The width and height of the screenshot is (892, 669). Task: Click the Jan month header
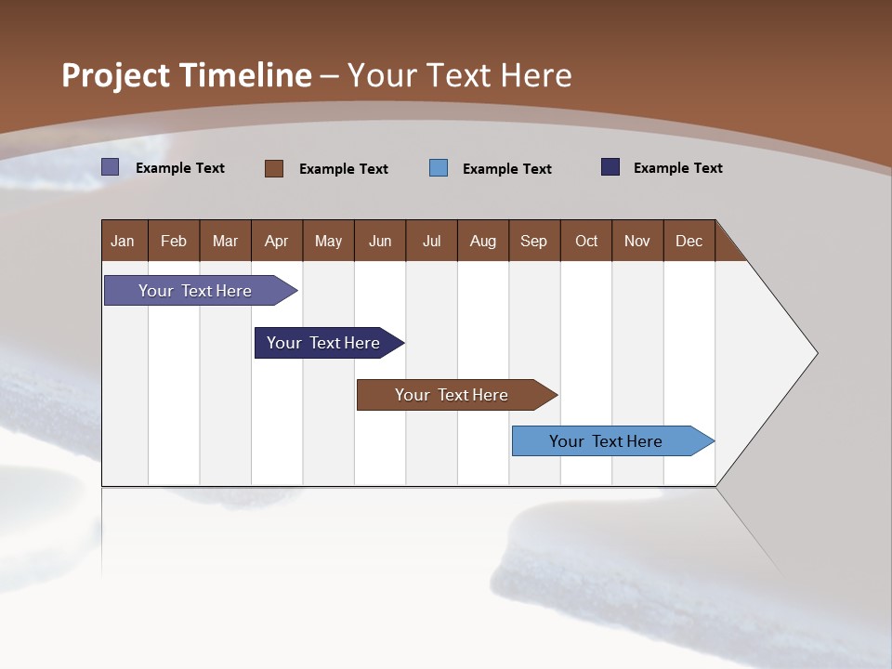pos(123,242)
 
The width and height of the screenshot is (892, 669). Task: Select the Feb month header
pos(174,242)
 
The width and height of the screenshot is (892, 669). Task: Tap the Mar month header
pos(225,242)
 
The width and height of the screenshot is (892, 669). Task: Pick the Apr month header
pos(276,242)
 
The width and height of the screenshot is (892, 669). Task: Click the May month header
pos(328,242)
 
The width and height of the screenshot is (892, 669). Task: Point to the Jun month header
pos(380,242)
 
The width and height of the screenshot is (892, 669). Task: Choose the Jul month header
pos(431,242)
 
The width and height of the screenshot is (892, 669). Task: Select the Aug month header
pos(482,242)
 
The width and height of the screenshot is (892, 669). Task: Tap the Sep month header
pos(533,242)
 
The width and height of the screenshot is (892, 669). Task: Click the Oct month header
pos(586,242)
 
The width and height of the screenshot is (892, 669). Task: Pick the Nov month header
pos(637,242)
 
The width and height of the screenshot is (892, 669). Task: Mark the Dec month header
pos(689,242)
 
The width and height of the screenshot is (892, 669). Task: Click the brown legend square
pos(273,168)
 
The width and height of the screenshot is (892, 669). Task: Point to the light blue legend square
pos(439,168)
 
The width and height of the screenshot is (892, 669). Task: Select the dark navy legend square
pos(610,167)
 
